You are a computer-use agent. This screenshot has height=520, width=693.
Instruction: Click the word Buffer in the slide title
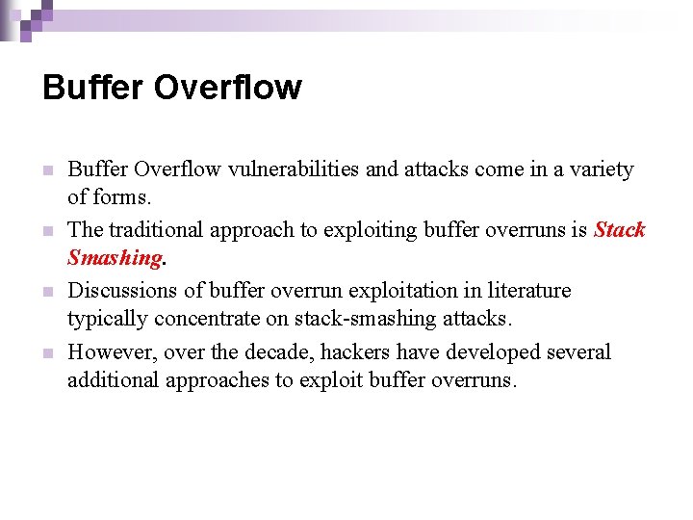pos(92,88)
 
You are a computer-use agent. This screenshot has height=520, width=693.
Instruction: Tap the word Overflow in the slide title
pos(227,88)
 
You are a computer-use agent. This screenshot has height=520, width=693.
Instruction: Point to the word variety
pos(599,169)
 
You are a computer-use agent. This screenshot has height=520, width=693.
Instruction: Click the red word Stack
pos(619,230)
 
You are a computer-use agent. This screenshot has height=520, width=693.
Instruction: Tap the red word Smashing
pos(114,257)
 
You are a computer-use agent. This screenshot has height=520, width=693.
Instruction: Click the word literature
pos(528,291)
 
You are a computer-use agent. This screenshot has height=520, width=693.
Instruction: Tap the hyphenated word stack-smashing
pos(379,318)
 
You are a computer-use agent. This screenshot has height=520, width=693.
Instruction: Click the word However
pos(111,352)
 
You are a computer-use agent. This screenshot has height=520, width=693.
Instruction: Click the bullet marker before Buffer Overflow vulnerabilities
pos(46,171)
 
